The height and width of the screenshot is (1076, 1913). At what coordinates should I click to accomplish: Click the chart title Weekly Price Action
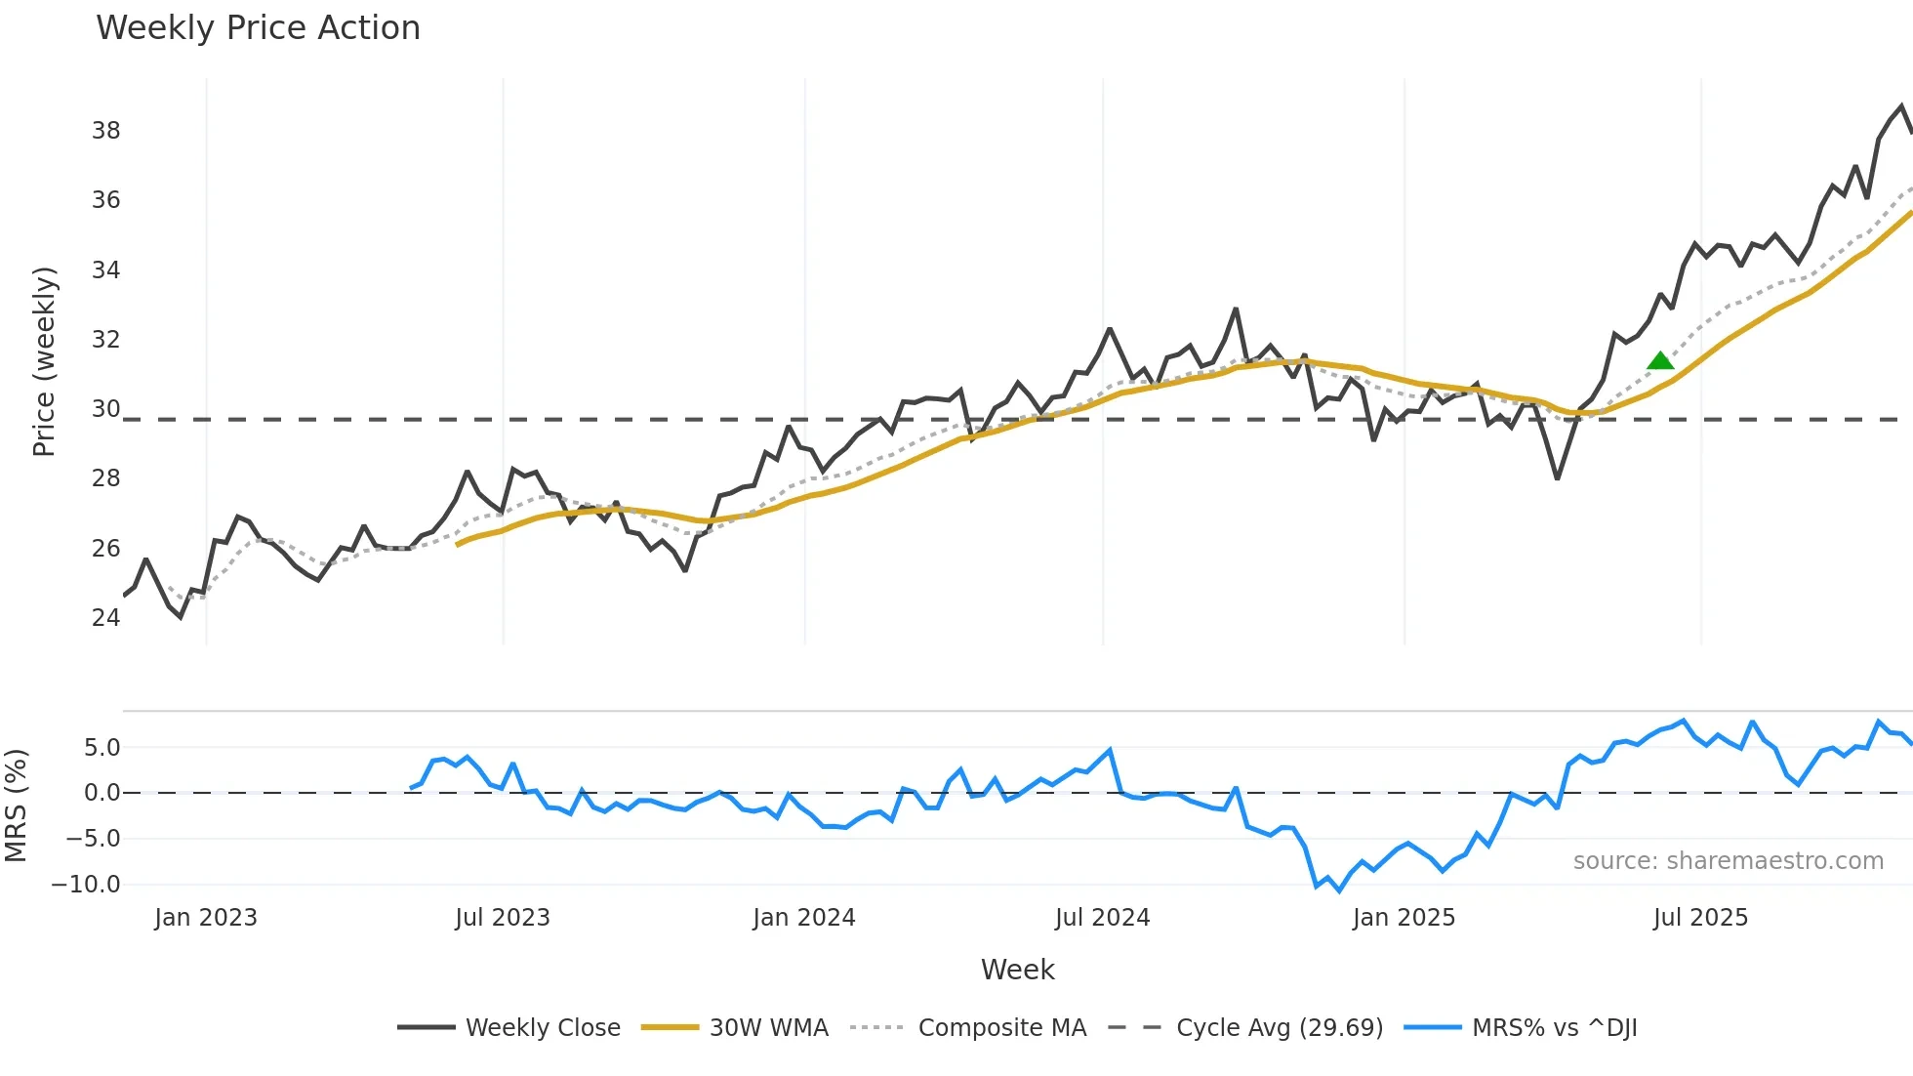coord(258,28)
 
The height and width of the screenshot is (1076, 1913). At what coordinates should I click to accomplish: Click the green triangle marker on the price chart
coord(1660,361)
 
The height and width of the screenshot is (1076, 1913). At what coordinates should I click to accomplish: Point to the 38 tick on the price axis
coord(106,130)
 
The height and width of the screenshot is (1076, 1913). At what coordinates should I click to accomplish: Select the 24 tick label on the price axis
coord(106,617)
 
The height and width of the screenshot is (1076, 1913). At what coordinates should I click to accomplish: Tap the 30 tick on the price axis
coord(106,408)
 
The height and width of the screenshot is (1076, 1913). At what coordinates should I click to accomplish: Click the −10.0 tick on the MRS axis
coord(86,885)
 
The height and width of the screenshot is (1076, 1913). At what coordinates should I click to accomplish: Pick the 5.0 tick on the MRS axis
coord(102,748)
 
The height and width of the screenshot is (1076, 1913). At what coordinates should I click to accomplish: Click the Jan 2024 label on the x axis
coord(803,918)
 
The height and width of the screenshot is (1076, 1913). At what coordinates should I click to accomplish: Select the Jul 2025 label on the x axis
coord(1700,918)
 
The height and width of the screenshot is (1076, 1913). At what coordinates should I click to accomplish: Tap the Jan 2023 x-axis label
coord(206,918)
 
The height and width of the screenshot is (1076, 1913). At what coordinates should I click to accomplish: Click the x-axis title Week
coord(1017,970)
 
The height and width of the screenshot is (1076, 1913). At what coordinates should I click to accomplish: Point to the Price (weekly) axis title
coord(44,361)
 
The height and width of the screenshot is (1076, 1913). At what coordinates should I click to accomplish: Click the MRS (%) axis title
coord(16,806)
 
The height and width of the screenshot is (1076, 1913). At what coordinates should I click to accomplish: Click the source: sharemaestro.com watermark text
coord(1728,861)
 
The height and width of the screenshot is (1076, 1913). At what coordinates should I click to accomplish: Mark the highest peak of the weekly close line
coord(1901,105)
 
